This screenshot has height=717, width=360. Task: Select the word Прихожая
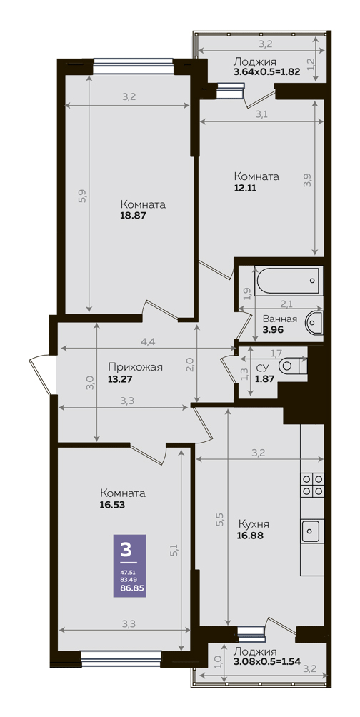pos(136,367)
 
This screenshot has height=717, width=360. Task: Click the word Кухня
pos(254,524)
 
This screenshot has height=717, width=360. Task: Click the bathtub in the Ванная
pos(287,281)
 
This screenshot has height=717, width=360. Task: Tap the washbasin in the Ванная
pos(314,321)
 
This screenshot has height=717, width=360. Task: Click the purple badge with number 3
pos(129,566)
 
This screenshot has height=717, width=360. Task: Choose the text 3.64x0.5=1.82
pos(266,71)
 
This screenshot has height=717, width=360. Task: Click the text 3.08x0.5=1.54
pos(266,662)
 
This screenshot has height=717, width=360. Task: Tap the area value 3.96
pos(273,329)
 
